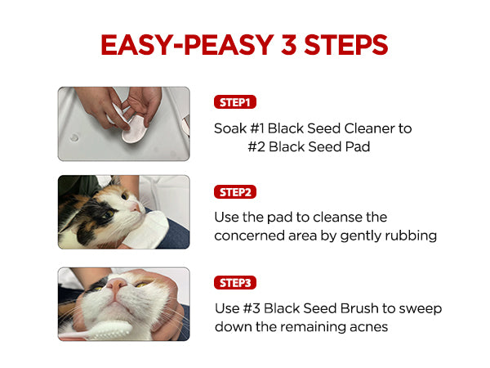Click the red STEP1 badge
tap(235, 102)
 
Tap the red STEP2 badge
tap(235, 192)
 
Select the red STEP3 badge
tap(235, 283)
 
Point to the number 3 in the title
tap(289, 45)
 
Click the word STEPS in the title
tap(346, 45)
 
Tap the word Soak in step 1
tap(230, 128)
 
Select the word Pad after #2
tap(358, 146)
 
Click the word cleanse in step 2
tap(334, 217)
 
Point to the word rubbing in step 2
tap(411, 236)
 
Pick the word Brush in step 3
tap(359, 308)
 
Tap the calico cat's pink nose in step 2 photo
tap(136, 206)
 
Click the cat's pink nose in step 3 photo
tap(117, 284)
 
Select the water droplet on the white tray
tap(74, 137)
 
